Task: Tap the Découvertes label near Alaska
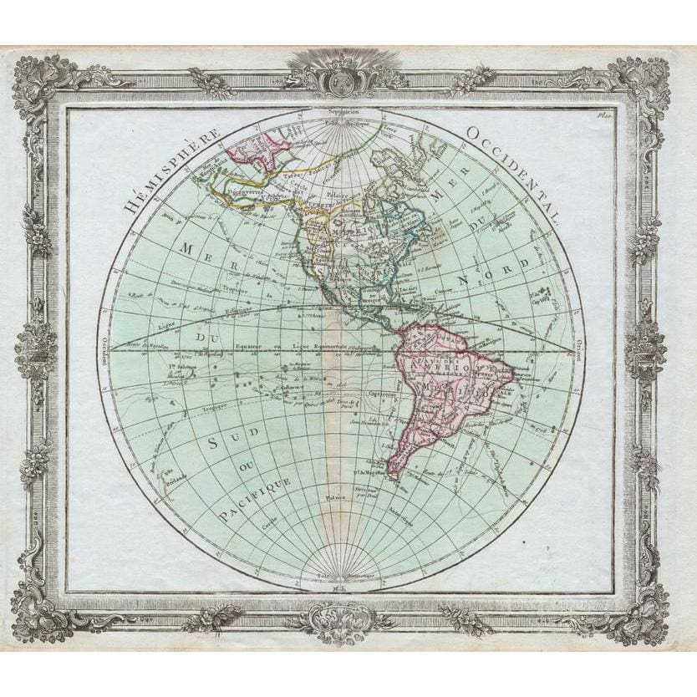[237, 190]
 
